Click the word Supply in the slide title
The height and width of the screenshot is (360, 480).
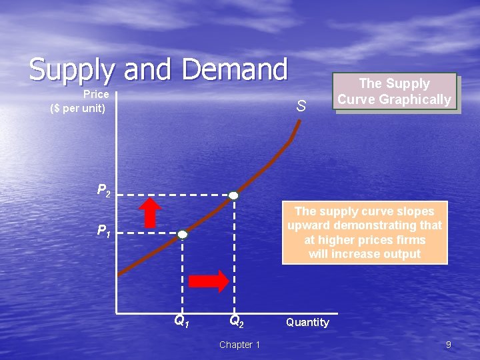[x=70, y=70]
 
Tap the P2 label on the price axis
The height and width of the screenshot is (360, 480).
[x=104, y=191]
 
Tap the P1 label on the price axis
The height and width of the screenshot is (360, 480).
[x=103, y=231]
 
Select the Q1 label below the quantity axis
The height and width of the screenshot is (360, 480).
[x=181, y=321]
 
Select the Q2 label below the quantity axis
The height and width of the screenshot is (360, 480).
[x=236, y=321]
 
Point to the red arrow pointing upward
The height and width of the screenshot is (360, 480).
[x=152, y=213]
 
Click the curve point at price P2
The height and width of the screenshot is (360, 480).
[x=233, y=195]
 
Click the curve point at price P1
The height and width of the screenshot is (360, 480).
[x=183, y=235]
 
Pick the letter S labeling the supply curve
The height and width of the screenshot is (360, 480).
[x=301, y=106]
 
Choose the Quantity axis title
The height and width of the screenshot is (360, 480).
[x=307, y=323]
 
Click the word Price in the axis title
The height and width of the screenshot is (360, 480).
[x=96, y=95]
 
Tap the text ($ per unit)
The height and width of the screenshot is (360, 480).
[x=78, y=107]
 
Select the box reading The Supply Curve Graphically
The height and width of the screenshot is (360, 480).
[x=395, y=92]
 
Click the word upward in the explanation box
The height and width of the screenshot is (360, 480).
[x=308, y=225]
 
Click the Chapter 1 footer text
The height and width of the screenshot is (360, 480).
[x=239, y=345]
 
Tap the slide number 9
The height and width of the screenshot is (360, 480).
[x=448, y=345]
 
